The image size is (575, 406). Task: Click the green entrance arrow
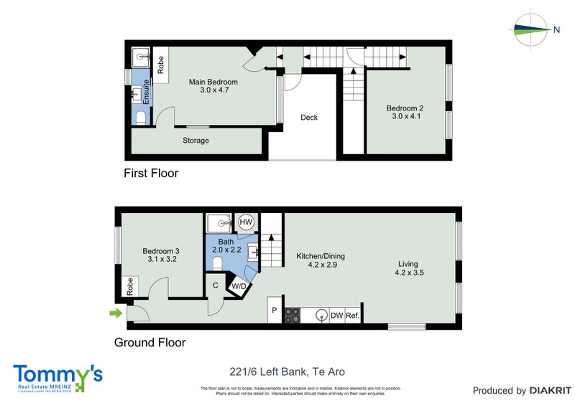[x=115, y=313]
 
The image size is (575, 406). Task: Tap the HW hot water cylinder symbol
[x=246, y=223]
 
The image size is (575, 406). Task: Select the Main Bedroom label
[x=213, y=82]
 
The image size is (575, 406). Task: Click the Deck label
[x=309, y=118]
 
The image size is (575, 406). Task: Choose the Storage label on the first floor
[x=195, y=141]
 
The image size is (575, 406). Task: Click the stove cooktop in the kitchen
[x=293, y=315]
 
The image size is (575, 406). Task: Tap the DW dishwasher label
[x=336, y=315]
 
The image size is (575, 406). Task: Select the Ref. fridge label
[x=352, y=315]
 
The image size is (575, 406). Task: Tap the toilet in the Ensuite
[x=141, y=118]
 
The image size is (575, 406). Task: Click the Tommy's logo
[x=57, y=377]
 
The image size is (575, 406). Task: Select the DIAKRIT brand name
[x=550, y=391]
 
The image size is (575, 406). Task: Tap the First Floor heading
[x=151, y=173]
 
